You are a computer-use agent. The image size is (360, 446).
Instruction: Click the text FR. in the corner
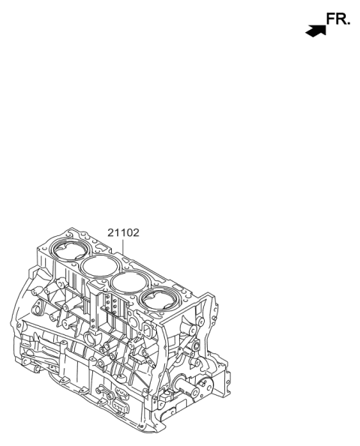point(338,20)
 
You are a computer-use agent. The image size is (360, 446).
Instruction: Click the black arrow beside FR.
point(316,31)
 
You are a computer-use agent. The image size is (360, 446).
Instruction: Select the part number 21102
point(123,232)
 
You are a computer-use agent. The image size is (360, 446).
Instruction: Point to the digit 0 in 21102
point(128,232)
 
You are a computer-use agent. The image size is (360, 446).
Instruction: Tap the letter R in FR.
point(341,20)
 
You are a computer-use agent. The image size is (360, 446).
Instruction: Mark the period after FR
point(349,25)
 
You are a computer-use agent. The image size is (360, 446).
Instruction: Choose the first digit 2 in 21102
point(110,232)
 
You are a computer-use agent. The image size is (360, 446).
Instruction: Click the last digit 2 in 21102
point(136,232)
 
